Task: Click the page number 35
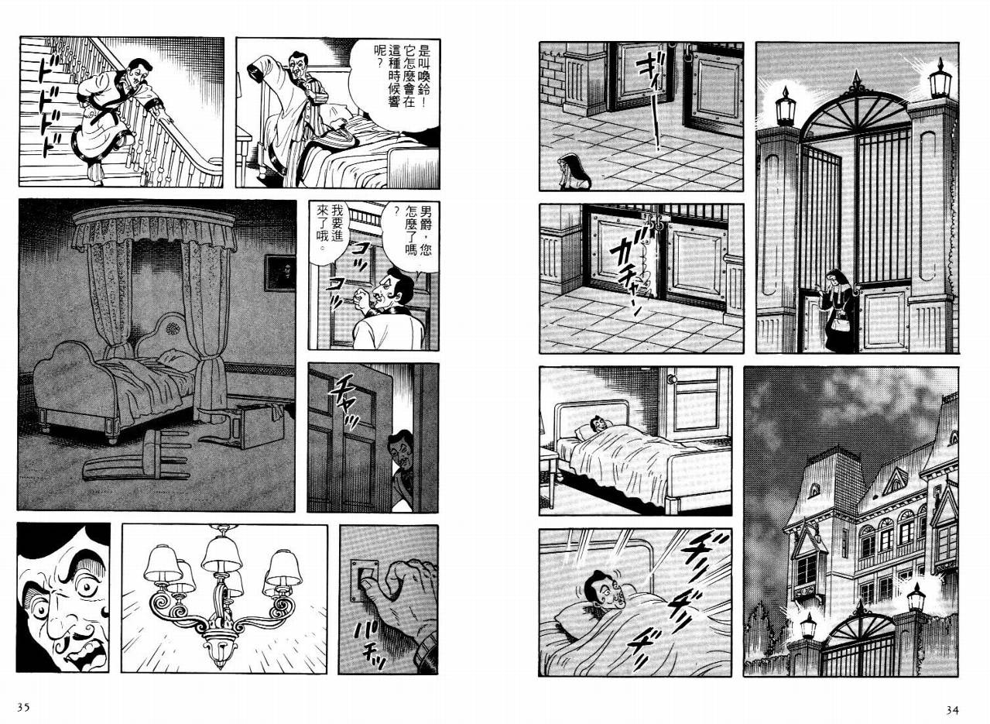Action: click(x=23, y=707)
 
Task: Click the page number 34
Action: click(x=952, y=710)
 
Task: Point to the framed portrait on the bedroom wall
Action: click(x=280, y=273)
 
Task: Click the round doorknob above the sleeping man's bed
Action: click(x=672, y=379)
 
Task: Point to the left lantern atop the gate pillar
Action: click(x=785, y=105)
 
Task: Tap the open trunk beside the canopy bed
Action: click(x=261, y=423)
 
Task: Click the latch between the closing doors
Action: click(x=659, y=220)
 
